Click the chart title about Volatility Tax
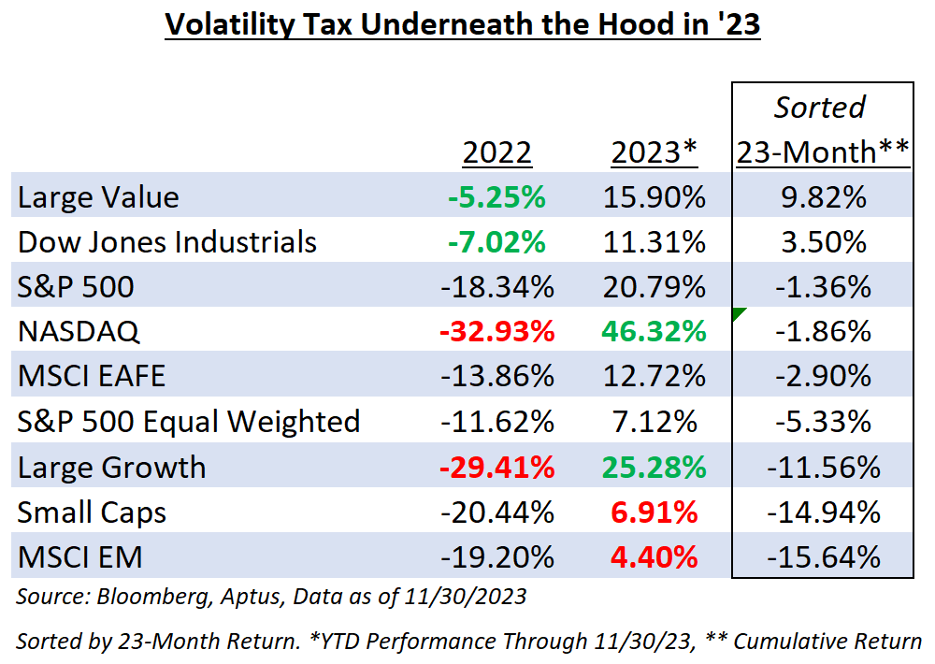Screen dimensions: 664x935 tap(462, 24)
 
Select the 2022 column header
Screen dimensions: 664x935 tap(497, 152)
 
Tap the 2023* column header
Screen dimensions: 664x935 tap(655, 152)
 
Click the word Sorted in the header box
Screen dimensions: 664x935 tap(820, 107)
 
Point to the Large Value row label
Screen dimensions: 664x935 tap(98, 197)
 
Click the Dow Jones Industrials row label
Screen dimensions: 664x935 tap(167, 242)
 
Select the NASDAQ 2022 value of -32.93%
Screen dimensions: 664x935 tap(497, 332)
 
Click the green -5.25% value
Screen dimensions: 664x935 tap(497, 197)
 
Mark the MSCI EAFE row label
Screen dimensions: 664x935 tap(92, 377)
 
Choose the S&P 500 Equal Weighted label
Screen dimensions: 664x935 tap(189, 422)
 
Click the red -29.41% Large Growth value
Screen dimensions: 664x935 tap(497, 467)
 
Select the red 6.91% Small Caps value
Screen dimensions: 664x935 tap(654, 512)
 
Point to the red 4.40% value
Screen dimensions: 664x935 tap(654, 557)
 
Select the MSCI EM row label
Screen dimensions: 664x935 tap(80, 557)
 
